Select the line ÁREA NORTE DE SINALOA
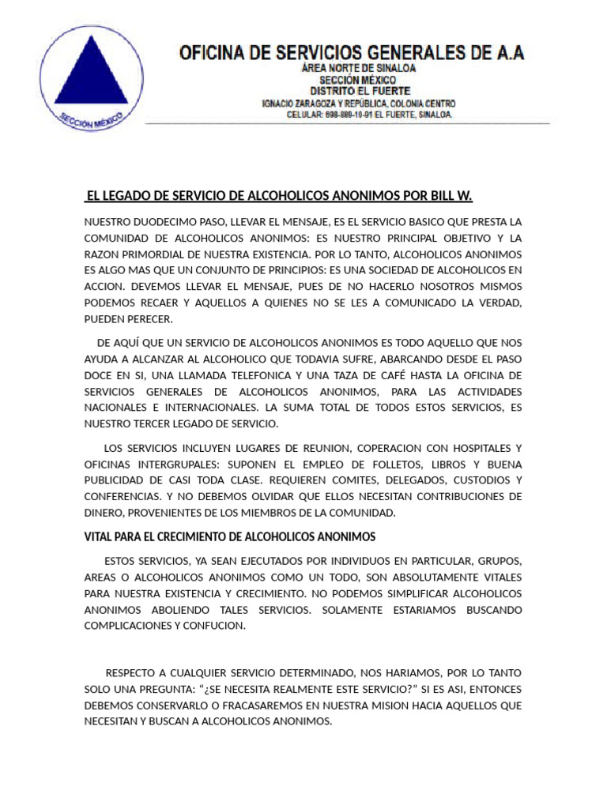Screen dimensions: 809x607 (360, 69)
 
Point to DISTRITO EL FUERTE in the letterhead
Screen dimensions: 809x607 (359, 91)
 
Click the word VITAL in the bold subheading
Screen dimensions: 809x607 (100, 537)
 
